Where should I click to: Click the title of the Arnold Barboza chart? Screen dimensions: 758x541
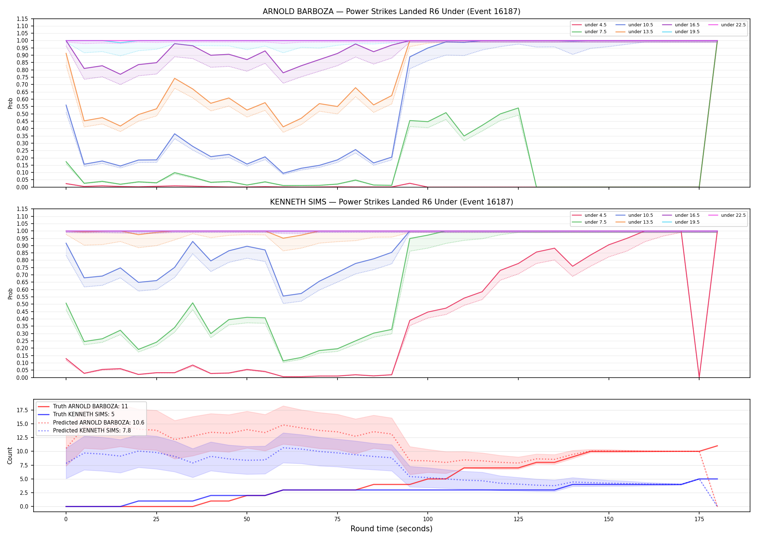391,12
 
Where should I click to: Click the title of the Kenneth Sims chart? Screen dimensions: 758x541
391,202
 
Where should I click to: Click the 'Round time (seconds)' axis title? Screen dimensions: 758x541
391,529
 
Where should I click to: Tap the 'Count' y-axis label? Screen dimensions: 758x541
10,456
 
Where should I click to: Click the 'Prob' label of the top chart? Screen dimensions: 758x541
10,104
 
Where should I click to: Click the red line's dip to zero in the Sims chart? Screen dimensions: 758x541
699,377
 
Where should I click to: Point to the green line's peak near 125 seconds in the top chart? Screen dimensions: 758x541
518,108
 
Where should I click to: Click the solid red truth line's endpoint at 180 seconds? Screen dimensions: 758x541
717,446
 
